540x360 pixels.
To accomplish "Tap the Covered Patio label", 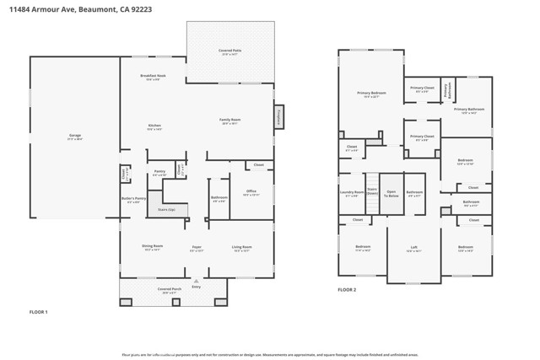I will (x=229, y=52).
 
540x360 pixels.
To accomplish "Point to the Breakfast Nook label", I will (x=153, y=78).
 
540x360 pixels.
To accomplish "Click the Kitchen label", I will (x=154, y=127).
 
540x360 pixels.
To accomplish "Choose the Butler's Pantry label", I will (x=134, y=200).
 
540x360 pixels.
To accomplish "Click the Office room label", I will (x=251, y=192).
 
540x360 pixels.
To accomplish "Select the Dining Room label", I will (x=153, y=247).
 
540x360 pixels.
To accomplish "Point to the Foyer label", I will (x=197, y=247).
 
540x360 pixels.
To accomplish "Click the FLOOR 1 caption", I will (x=39, y=313).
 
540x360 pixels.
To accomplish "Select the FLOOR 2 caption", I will (x=347, y=289).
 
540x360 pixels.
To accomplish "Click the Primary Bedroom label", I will (x=371, y=94).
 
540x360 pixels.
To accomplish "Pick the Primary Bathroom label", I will (x=468, y=110).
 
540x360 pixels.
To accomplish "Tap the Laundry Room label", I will (x=351, y=193).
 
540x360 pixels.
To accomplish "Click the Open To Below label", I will (x=391, y=193).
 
